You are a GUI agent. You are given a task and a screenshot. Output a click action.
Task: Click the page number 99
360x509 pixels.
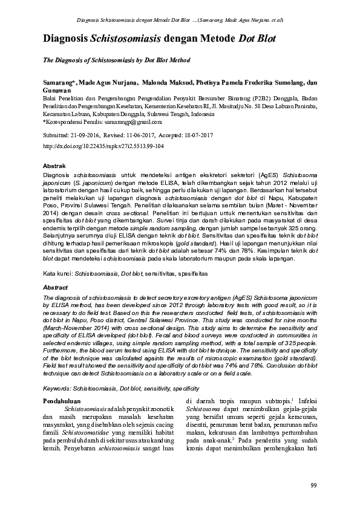pos(313,485)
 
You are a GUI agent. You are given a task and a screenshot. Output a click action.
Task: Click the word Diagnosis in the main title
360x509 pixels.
pos(65,39)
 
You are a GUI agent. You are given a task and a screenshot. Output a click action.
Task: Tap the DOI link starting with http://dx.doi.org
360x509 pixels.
pos(103,146)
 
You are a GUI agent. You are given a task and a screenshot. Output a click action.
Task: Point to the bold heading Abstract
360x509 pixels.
pos(55,288)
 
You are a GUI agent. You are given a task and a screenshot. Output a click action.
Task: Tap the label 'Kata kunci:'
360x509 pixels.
pos(57,273)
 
